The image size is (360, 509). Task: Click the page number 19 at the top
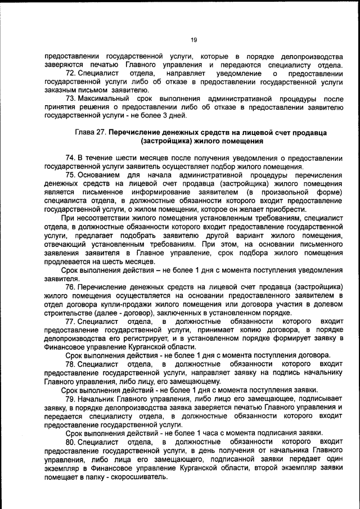[193, 39]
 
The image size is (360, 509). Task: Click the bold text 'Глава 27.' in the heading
[90, 133]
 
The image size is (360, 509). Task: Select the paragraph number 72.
[71, 74]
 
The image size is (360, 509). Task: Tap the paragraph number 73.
[71, 98]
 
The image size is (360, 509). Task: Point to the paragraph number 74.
[71, 157]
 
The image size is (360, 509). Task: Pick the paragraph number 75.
[71, 175]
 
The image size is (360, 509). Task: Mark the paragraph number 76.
[71, 287]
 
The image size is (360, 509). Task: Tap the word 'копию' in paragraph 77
[256, 329]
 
